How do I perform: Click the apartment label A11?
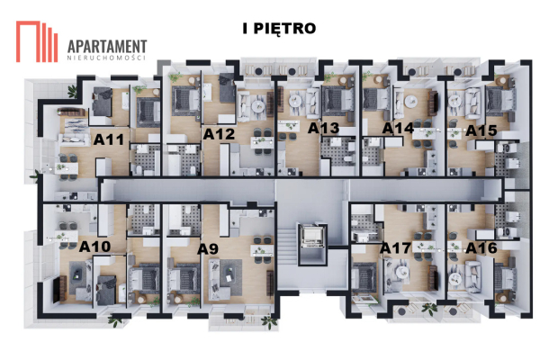pyautogui.click(x=109, y=139)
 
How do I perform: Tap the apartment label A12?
pyautogui.click(x=219, y=134)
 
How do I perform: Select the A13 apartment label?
pyautogui.click(x=323, y=128)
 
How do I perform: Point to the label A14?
pyautogui.click(x=398, y=128)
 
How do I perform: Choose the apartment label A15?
pyautogui.click(x=481, y=130)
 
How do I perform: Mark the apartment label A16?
pyautogui.click(x=481, y=247)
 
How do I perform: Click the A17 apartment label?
pyautogui.click(x=395, y=247)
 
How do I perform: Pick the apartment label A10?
pyautogui.click(x=94, y=247)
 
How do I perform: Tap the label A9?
pyautogui.click(x=208, y=249)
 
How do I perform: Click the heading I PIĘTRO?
pyautogui.click(x=279, y=29)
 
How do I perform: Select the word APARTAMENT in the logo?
pyautogui.click(x=107, y=47)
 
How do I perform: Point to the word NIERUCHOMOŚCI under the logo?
pyautogui.click(x=107, y=58)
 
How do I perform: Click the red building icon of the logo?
pyautogui.click(x=37, y=41)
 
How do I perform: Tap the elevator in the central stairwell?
pyautogui.click(x=312, y=236)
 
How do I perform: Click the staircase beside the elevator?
pyautogui.click(x=287, y=247)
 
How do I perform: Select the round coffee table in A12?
pyautogui.click(x=256, y=105)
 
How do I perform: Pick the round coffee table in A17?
pyautogui.click(x=402, y=272)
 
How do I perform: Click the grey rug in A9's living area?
pyautogui.click(x=230, y=273)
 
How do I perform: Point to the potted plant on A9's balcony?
pyautogui.click(x=269, y=321)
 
